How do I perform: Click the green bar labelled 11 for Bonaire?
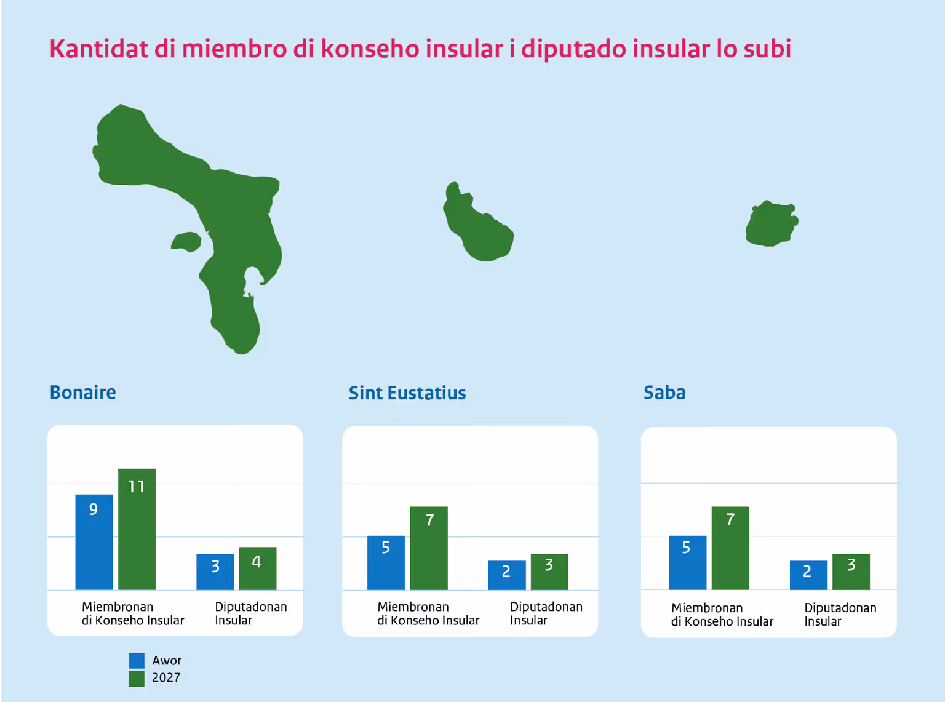pos(137,529)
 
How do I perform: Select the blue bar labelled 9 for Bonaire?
pos(94,542)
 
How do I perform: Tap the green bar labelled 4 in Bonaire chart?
pos(257,568)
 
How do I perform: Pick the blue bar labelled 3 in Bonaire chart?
pos(215,572)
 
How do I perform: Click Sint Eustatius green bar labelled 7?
pos(429,548)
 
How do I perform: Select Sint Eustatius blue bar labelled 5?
pos(386,562)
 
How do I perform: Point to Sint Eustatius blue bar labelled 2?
pos(507,575)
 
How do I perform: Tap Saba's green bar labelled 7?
pos(730,548)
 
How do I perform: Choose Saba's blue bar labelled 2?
pos(808,575)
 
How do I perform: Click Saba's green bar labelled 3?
pos(851,572)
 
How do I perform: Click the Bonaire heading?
pos(82,392)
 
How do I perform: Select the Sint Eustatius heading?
pos(407,393)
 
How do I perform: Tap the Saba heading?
pos(664,392)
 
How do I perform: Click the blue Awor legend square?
pos(137,660)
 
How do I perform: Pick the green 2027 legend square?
pos(137,679)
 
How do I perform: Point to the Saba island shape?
pos(772,224)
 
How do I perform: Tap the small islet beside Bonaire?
pos(186,242)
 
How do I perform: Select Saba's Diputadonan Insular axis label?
pos(840,614)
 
